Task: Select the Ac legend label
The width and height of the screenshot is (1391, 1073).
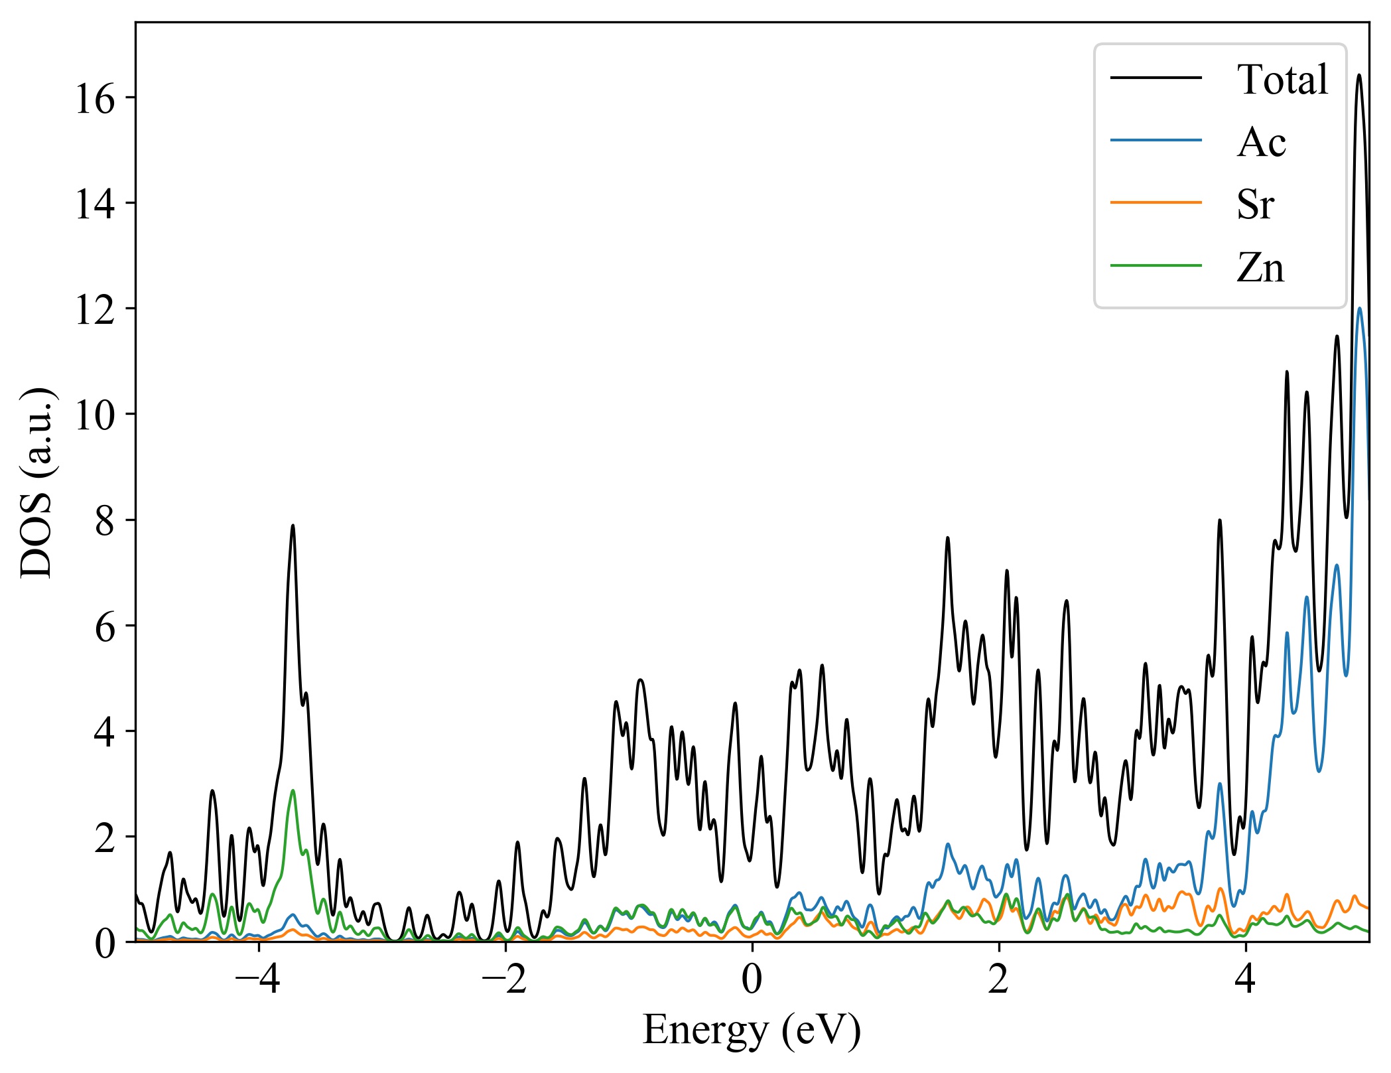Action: (1261, 142)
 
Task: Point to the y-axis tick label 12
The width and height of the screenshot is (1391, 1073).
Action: (94, 310)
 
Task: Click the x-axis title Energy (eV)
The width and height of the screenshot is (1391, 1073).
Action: (752, 1031)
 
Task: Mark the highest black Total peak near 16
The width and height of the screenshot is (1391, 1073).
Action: (1359, 76)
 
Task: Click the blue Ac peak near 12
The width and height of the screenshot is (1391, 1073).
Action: (1360, 309)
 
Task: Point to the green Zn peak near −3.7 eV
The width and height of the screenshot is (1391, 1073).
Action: (293, 791)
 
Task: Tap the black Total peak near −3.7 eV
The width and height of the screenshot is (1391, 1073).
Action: (293, 526)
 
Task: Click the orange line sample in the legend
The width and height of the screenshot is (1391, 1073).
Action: (1156, 202)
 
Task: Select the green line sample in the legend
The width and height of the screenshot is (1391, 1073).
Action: (1156, 265)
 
